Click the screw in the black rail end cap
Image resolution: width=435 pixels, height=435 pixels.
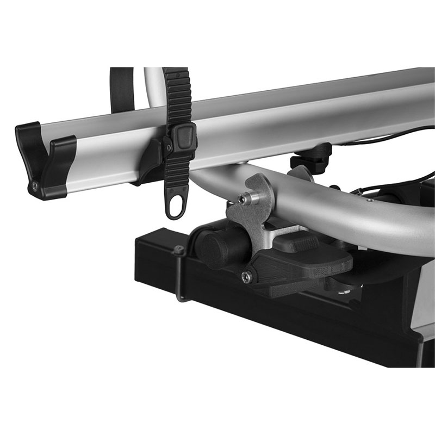tap(35, 185)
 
